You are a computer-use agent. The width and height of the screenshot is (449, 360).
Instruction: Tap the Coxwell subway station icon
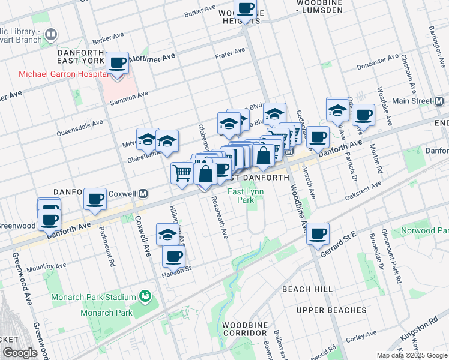(x=143, y=193)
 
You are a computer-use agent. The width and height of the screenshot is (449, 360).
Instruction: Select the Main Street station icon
(x=439, y=101)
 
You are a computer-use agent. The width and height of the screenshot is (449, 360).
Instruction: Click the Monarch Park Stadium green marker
(x=144, y=296)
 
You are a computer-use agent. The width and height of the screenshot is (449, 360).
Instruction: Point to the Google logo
(x=19, y=353)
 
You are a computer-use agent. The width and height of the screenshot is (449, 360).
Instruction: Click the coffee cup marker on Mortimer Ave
(x=118, y=62)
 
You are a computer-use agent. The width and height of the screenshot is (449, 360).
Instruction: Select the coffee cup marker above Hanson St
(x=173, y=256)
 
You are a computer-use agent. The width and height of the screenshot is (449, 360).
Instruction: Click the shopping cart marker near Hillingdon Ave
(x=182, y=173)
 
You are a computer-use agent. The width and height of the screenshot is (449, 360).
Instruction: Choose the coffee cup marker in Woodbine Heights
(x=245, y=8)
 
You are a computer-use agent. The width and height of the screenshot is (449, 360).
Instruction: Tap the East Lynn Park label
(x=246, y=196)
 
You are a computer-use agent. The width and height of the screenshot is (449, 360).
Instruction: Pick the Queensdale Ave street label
(x=80, y=128)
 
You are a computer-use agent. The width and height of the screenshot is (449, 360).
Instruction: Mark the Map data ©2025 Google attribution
(x=411, y=355)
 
